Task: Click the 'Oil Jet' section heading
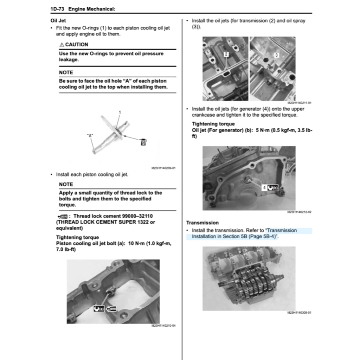point(58,21)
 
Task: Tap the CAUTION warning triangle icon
point(62,45)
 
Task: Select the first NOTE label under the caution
point(66,72)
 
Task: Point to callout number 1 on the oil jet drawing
point(120,112)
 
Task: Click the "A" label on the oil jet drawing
point(90,135)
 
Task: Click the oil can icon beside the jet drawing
point(143,142)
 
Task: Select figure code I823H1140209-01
point(163,168)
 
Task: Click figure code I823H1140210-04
point(163,326)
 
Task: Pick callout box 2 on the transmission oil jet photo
point(226,54)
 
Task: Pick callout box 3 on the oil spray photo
point(276,55)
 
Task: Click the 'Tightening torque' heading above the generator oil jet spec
point(213,124)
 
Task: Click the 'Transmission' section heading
point(202,223)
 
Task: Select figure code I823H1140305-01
point(299,313)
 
